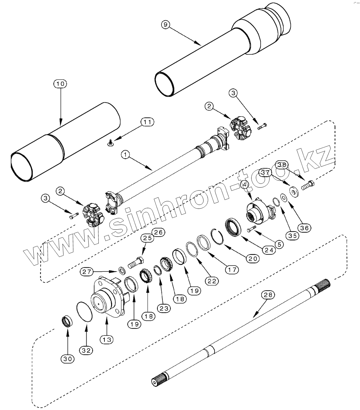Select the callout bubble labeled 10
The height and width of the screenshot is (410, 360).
60,84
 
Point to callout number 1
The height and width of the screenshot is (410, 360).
125,155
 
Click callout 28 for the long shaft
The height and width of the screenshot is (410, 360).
267,295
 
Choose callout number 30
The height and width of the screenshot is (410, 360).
68,359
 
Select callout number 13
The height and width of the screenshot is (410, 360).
107,339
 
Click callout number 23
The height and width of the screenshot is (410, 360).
165,308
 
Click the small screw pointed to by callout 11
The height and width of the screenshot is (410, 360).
110,145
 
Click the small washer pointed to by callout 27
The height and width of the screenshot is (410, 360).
122,270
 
